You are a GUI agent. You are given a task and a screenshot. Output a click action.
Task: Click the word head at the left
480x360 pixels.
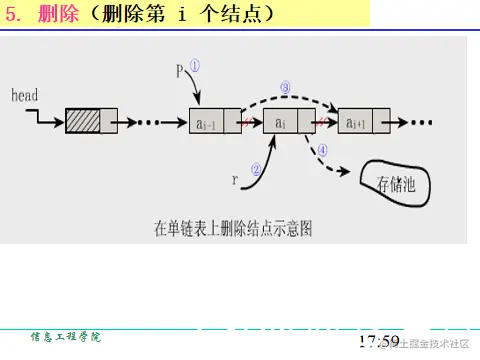click(x=24, y=95)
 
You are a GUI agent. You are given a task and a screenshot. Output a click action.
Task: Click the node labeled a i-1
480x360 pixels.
click(x=206, y=122)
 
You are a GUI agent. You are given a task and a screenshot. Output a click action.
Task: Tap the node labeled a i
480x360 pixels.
click(x=281, y=122)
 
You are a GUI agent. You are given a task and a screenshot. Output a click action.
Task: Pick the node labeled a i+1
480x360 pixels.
click(x=356, y=122)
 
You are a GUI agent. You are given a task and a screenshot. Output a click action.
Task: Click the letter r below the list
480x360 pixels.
click(x=235, y=181)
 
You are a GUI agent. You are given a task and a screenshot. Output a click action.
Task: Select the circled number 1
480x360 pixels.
click(x=195, y=64)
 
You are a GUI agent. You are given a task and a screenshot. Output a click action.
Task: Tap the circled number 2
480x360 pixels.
click(x=256, y=170)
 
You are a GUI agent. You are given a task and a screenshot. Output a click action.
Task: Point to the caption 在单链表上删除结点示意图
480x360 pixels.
click(x=233, y=228)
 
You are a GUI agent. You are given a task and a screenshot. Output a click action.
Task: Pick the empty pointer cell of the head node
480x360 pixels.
click(x=109, y=122)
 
